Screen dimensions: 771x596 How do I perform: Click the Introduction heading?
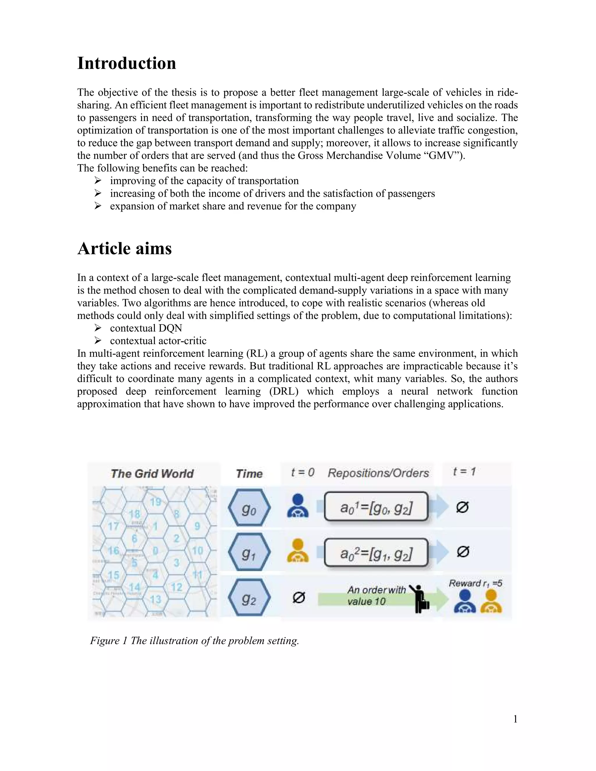(126, 63)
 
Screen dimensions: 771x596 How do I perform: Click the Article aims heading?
(124, 248)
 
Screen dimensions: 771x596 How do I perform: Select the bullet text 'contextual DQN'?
(146, 328)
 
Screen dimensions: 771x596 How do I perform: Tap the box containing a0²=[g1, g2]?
(376, 553)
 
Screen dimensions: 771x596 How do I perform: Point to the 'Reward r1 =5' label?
(475, 583)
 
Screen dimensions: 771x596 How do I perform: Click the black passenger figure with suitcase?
(419, 599)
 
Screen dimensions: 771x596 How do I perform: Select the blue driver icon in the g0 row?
(298, 506)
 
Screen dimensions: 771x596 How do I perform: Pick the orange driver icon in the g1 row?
(298, 551)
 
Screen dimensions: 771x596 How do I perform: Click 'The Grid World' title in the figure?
(152, 473)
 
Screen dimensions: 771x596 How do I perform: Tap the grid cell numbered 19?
(155, 502)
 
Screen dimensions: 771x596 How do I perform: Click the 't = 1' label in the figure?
(464, 472)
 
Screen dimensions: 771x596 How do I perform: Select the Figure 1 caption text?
(195, 641)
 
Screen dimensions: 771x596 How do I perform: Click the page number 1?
(515, 719)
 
